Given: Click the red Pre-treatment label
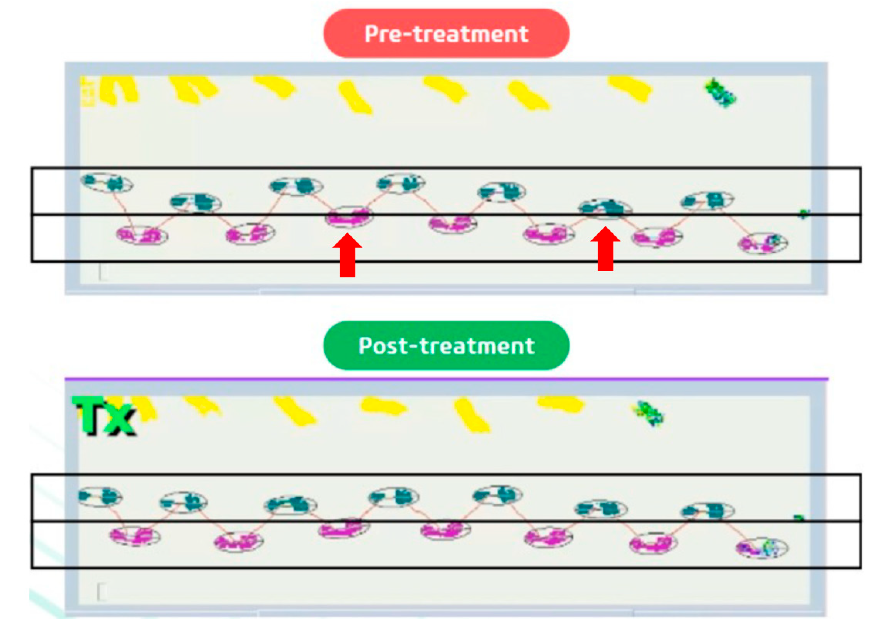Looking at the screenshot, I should click(x=446, y=34).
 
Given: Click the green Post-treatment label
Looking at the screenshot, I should click(x=446, y=345).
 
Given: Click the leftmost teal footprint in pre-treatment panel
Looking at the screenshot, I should click(x=107, y=182).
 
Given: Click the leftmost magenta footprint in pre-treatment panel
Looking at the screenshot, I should click(x=142, y=235).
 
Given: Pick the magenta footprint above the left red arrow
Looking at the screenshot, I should click(x=349, y=217).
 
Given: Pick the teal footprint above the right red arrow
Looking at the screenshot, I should click(x=605, y=208).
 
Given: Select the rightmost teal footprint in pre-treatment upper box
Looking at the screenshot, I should click(x=707, y=201).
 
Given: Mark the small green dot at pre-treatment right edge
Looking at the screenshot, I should click(x=803, y=213).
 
